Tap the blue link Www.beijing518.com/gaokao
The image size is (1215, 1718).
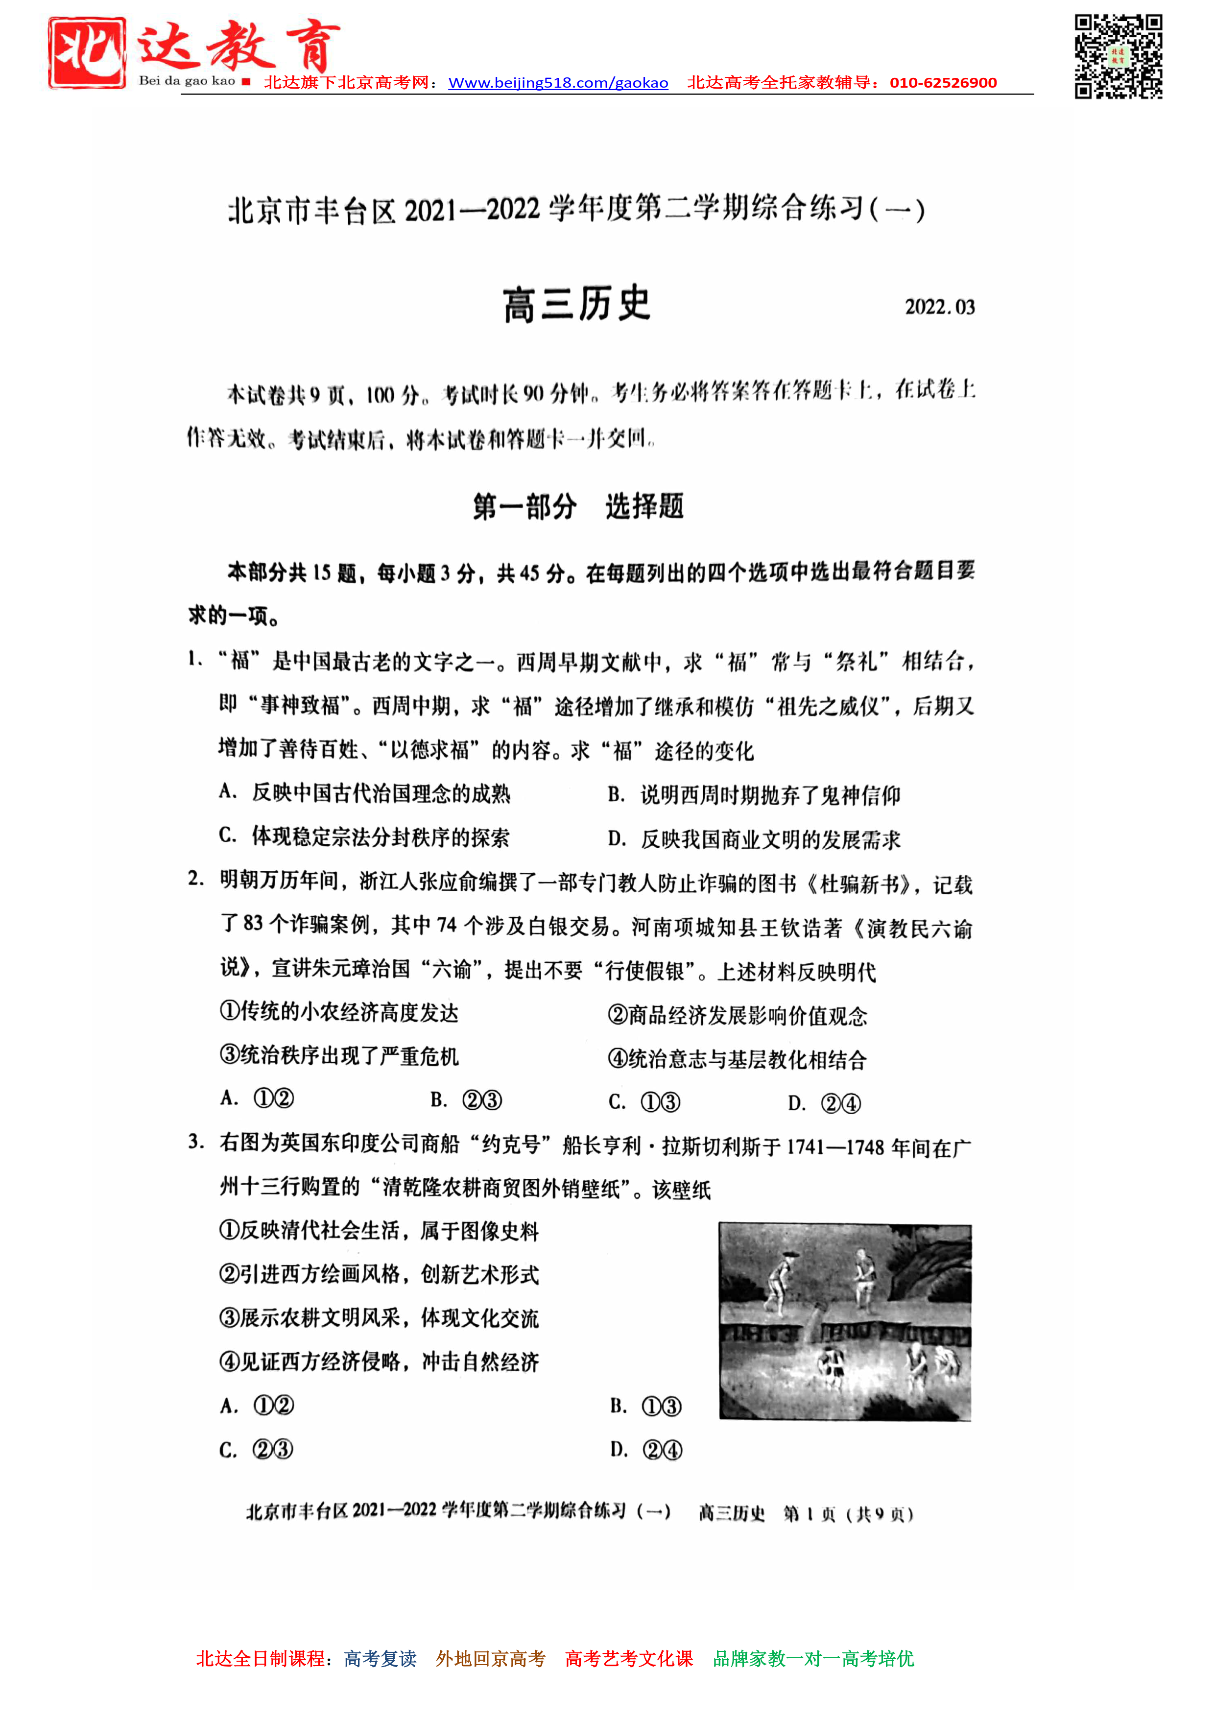tap(558, 83)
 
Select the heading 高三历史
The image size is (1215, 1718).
tap(576, 305)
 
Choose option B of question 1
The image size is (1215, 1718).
tap(754, 795)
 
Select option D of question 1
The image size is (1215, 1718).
tap(754, 839)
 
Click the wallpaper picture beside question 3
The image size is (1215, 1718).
tap(845, 1321)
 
